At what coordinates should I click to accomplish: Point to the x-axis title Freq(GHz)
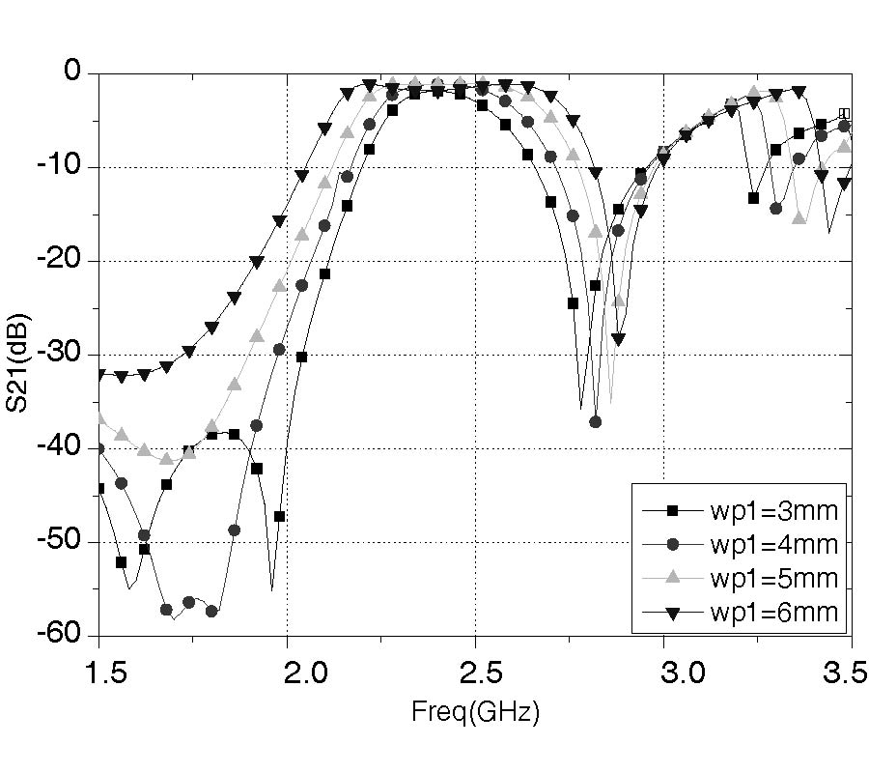click(x=475, y=714)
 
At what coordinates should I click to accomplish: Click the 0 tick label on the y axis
click(x=78, y=72)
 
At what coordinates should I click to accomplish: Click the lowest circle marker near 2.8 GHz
click(x=596, y=421)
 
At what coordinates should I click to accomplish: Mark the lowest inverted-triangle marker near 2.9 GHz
click(x=618, y=339)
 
